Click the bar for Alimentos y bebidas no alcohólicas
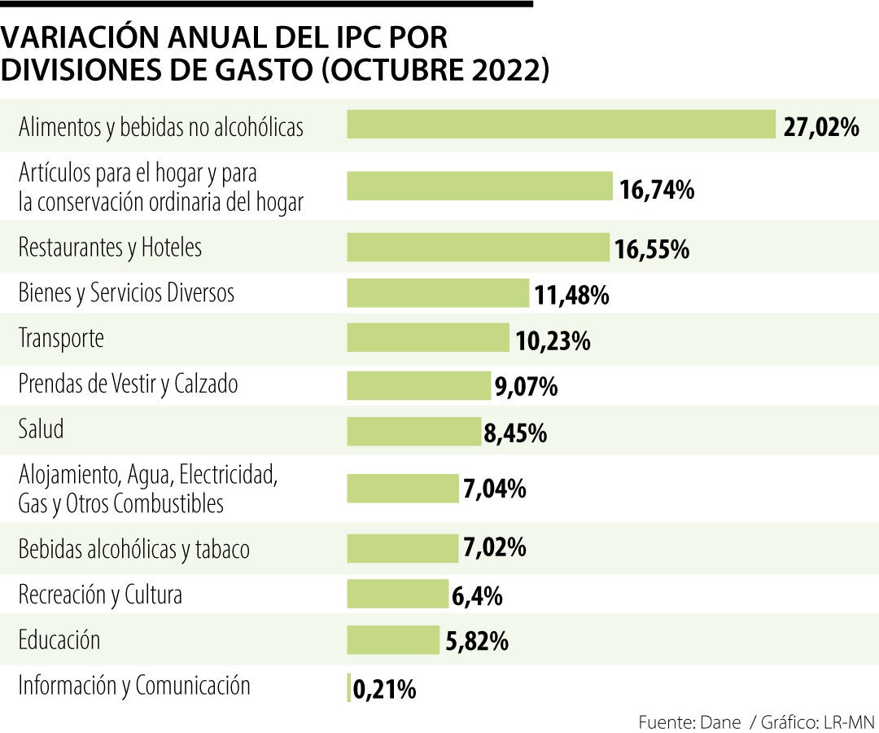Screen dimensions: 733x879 tap(561, 125)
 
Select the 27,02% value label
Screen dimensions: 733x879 tap(821, 127)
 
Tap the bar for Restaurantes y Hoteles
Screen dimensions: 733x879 tap(478, 248)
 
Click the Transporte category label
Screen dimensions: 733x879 tap(61, 338)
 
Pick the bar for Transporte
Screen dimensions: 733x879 tap(428, 338)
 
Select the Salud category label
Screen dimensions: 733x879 tap(41, 429)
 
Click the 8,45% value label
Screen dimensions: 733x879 tap(514, 432)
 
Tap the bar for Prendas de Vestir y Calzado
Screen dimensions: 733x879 tap(419, 384)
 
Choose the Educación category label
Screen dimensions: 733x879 tap(59, 639)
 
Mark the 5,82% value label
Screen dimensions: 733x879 tap(477, 642)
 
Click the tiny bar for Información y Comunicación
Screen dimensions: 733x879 tap(349, 687)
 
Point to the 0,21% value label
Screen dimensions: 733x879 tap(385, 691)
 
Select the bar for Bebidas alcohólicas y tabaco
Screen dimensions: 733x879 tap(403, 548)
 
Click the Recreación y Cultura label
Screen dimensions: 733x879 tap(100, 595)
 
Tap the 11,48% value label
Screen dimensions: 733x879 tap(571, 295)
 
